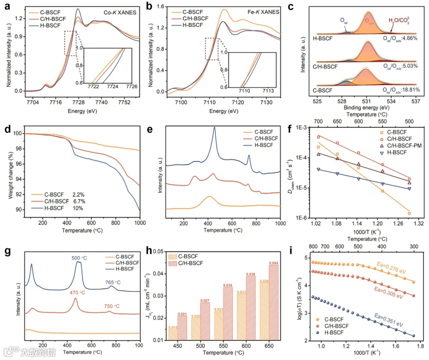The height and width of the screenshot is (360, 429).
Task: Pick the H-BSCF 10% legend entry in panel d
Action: tap(58, 208)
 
